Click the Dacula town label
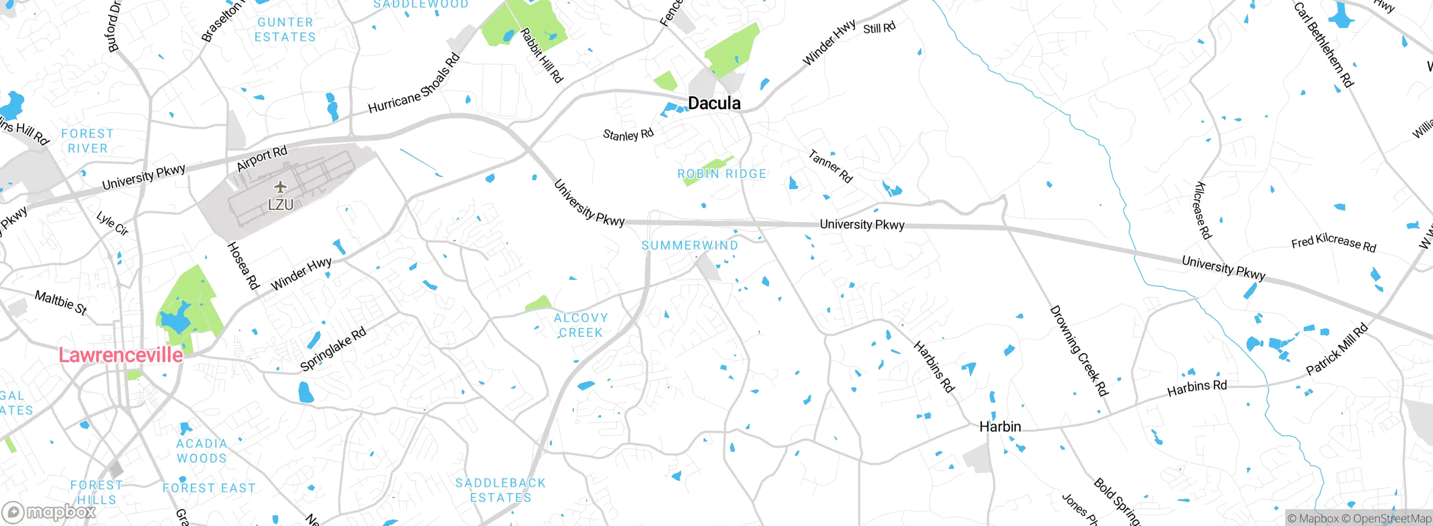tap(714, 103)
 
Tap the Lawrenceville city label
tap(121, 355)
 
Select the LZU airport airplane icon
tap(280, 187)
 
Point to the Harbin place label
tap(1000, 427)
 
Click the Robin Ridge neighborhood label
tap(722, 174)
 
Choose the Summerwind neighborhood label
tap(690, 246)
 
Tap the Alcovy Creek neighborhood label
tap(580, 325)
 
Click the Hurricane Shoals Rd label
tap(414, 84)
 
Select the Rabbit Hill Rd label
tap(541, 56)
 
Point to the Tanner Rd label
tap(830, 166)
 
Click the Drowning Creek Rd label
tap(1078, 351)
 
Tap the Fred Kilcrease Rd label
tap(1333, 243)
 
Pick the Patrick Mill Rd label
tap(1337, 350)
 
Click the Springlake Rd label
tap(333, 349)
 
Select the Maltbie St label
tap(61, 302)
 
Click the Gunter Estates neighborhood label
tap(285, 30)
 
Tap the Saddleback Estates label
tap(500, 490)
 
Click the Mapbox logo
tap(49, 511)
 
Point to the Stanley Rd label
tap(628, 135)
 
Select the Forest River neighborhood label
tap(87, 141)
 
